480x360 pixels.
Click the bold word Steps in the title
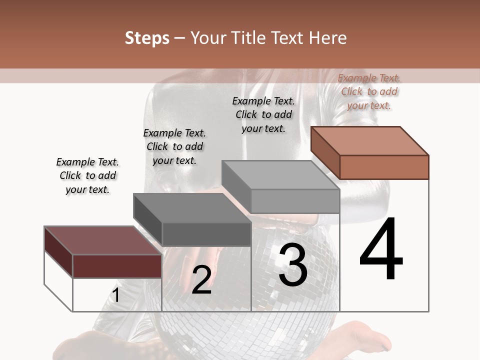click(147, 38)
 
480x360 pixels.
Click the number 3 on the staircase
click(293, 265)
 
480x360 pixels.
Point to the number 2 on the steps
click(201, 280)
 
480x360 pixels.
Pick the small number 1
click(115, 295)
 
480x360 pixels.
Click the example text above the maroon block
click(87, 175)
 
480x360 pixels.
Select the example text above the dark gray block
click(174, 146)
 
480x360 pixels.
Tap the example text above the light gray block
click(263, 114)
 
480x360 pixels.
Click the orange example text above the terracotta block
click(369, 91)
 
